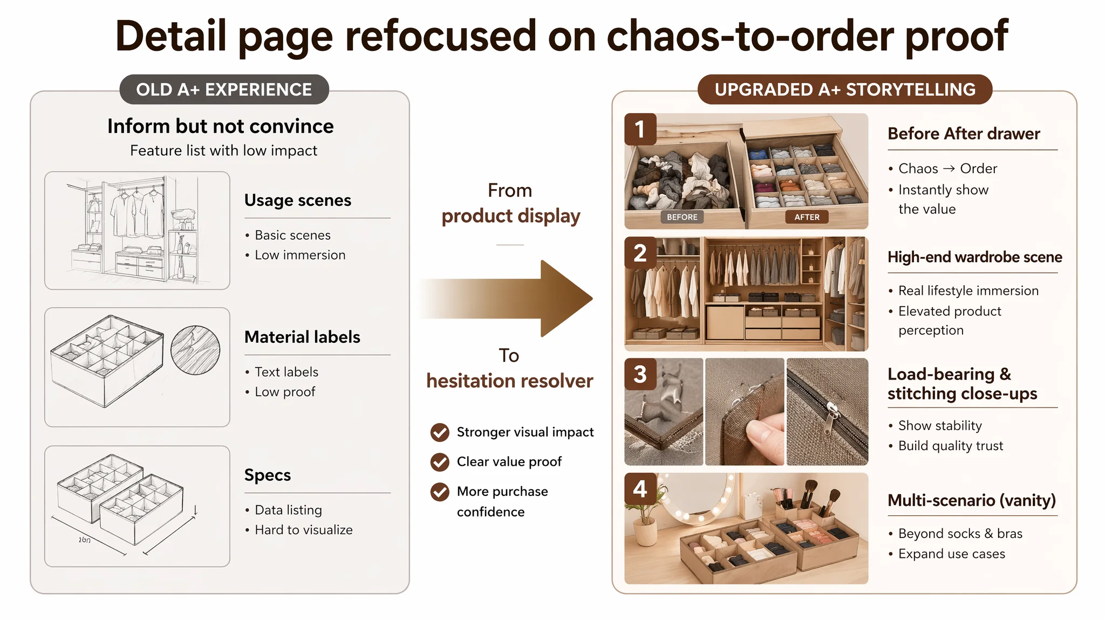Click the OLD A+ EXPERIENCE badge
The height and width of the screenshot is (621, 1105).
click(x=224, y=89)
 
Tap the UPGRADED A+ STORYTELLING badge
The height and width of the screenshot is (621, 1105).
click(x=845, y=89)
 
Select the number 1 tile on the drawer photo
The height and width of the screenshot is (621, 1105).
click(x=640, y=129)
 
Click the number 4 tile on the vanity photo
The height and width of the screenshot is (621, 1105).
click(x=640, y=489)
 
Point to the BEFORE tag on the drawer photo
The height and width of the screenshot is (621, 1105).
click(x=682, y=217)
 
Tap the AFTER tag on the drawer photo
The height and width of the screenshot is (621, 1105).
click(x=807, y=217)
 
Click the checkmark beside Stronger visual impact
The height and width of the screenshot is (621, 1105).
click(x=440, y=432)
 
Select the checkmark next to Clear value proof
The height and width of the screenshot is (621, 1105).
click(x=440, y=461)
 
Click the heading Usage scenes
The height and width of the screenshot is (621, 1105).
click(x=298, y=200)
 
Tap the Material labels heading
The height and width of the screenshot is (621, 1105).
click(x=302, y=337)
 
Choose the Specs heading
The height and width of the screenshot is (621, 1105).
click(x=268, y=475)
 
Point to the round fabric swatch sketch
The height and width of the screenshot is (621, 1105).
click(x=195, y=350)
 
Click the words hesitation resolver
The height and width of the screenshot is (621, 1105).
click(x=510, y=381)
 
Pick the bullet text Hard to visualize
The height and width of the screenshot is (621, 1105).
click(x=304, y=530)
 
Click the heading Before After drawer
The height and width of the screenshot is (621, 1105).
click(x=964, y=133)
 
